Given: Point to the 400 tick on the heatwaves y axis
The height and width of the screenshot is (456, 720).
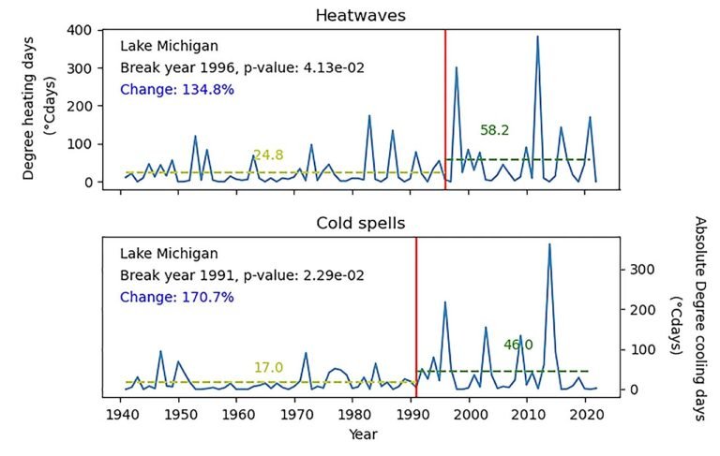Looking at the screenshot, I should [82, 30].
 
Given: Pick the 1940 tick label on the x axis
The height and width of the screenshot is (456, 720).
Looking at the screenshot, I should [120, 413].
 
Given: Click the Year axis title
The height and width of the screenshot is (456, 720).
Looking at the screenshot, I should [361, 434].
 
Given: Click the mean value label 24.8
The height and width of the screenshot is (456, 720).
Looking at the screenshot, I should [267, 155].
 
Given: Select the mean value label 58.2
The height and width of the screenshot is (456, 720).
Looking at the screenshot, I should [494, 130].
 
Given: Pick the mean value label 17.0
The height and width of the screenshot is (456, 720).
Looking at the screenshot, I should [268, 367].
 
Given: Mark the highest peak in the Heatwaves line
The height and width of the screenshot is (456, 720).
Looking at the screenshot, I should [537, 37].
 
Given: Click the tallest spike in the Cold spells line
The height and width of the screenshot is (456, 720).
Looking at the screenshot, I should [549, 244].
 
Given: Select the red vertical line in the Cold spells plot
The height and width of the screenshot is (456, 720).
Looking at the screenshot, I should [416, 318].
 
